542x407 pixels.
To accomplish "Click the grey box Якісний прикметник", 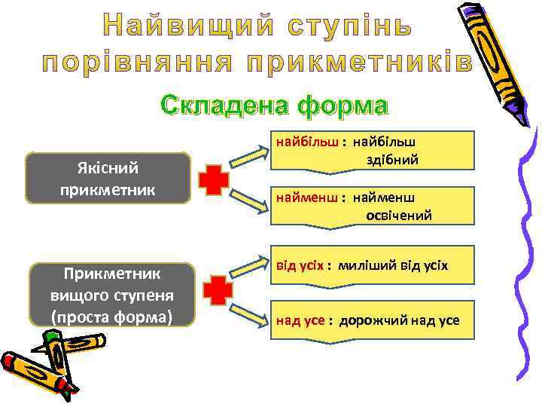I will (x=107, y=178).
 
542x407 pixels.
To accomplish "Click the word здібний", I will (x=391, y=160).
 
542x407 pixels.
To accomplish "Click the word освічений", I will (x=398, y=216).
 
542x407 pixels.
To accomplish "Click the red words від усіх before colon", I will (x=300, y=265).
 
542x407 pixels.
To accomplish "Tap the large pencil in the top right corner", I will (x=501, y=57).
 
